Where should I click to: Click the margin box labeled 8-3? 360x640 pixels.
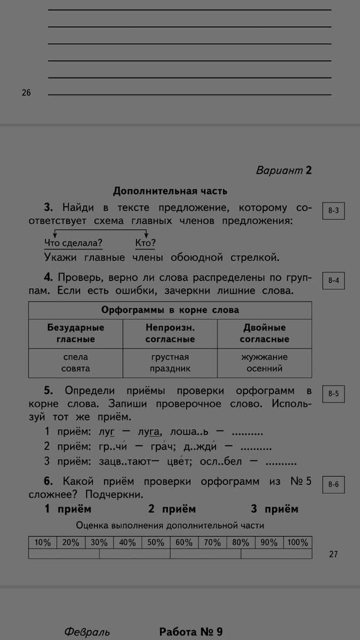pyautogui.click(x=333, y=211)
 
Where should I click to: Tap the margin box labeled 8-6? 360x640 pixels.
pyautogui.click(x=333, y=485)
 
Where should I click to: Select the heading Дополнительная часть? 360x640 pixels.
pyautogui.click(x=170, y=190)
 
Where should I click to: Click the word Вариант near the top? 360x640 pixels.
pyautogui.click(x=279, y=171)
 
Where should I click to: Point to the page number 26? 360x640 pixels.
pyautogui.click(x=26, y=93)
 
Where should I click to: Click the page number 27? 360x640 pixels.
pyautogui.click(x=333, y=554)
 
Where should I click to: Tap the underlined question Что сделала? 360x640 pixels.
pyautogui.click(x=73, y=243)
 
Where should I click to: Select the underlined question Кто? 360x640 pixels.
pyautogui.click(x=145, y=243)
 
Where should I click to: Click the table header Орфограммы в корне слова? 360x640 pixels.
pyautogui.click(x=170, y=310)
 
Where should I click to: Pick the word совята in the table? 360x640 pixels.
pyautogui.click(x=75, y=369)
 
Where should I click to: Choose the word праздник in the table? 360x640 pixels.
pyautogui.click(x=170, y=369)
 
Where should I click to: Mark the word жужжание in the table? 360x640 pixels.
pyautogui.click(x=265, y=357)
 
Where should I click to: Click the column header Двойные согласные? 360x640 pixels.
pyautogui.click(x=265, y=333)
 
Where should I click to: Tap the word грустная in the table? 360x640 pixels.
pyautogui.click(x=170, y=357)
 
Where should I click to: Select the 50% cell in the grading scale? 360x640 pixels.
pyautogui.click(x=156, y=542)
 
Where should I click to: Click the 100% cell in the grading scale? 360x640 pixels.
pyautogui.click(x=298, y=542)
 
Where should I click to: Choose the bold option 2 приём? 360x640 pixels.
pyautogui.click(x=172, y=509)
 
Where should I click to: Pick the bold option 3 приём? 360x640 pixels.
pyautogui.click(x=275, y=509)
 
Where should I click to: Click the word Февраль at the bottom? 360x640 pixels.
pyautogui.click(x=87, y=632)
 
